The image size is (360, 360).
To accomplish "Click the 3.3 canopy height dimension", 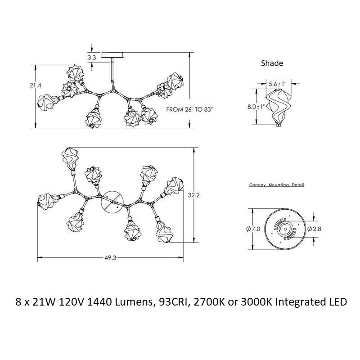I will coord(92,57).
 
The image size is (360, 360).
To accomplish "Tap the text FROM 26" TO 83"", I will coord(189,109).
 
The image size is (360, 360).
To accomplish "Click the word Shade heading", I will coord(272,63).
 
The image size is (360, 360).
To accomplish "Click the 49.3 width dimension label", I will coord(111,257).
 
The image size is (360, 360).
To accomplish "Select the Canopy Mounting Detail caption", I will coord(277,185).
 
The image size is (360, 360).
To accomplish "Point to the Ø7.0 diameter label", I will coord(253,229).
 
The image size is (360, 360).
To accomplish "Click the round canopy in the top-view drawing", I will coord(111,203).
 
